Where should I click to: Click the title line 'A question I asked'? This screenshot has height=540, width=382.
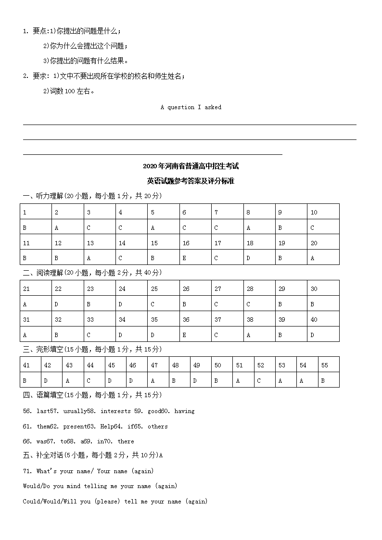(x=191, y=107)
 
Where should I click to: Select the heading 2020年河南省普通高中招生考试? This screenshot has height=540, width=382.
(x=191, y=166)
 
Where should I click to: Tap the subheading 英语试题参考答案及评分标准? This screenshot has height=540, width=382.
(x=191, y=181)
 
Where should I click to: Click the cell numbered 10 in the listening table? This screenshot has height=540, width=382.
(x=314, y=212)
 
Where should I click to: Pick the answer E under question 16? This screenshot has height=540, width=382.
(x=184, y=258)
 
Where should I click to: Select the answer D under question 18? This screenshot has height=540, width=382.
(x=248, y=258)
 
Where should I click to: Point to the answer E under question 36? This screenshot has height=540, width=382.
(x=184, y=335)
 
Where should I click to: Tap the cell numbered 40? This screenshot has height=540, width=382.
(x=314, y=319)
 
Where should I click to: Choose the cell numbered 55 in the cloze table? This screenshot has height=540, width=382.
(x=325, y=365)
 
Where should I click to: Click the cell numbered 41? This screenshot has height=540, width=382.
(x=26, y=365)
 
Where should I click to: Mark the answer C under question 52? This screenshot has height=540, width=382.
(x=259, y=380)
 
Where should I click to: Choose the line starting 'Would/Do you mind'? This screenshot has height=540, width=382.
(x=100, y=486)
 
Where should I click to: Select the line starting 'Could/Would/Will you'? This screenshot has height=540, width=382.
(x=115, y=502)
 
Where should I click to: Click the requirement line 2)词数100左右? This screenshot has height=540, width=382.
(x=69, y=91)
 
